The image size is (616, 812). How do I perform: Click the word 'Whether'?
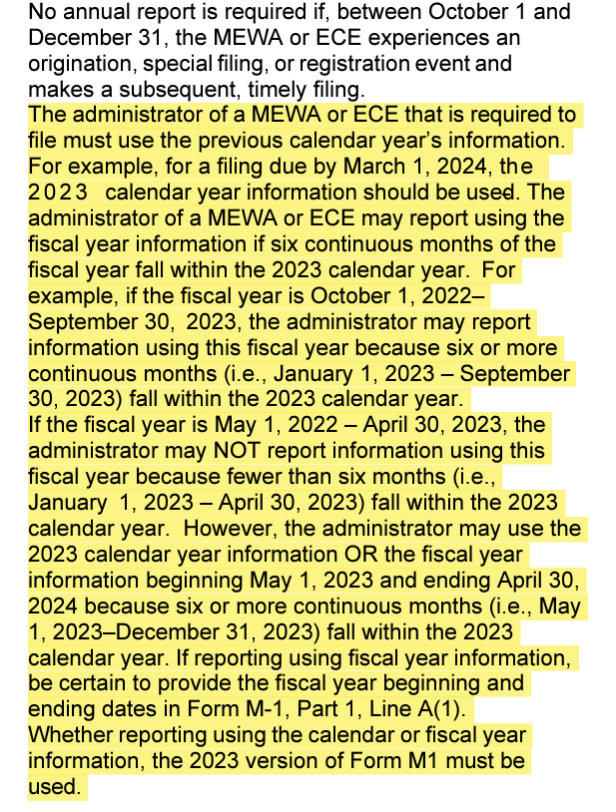pos(68,735)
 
